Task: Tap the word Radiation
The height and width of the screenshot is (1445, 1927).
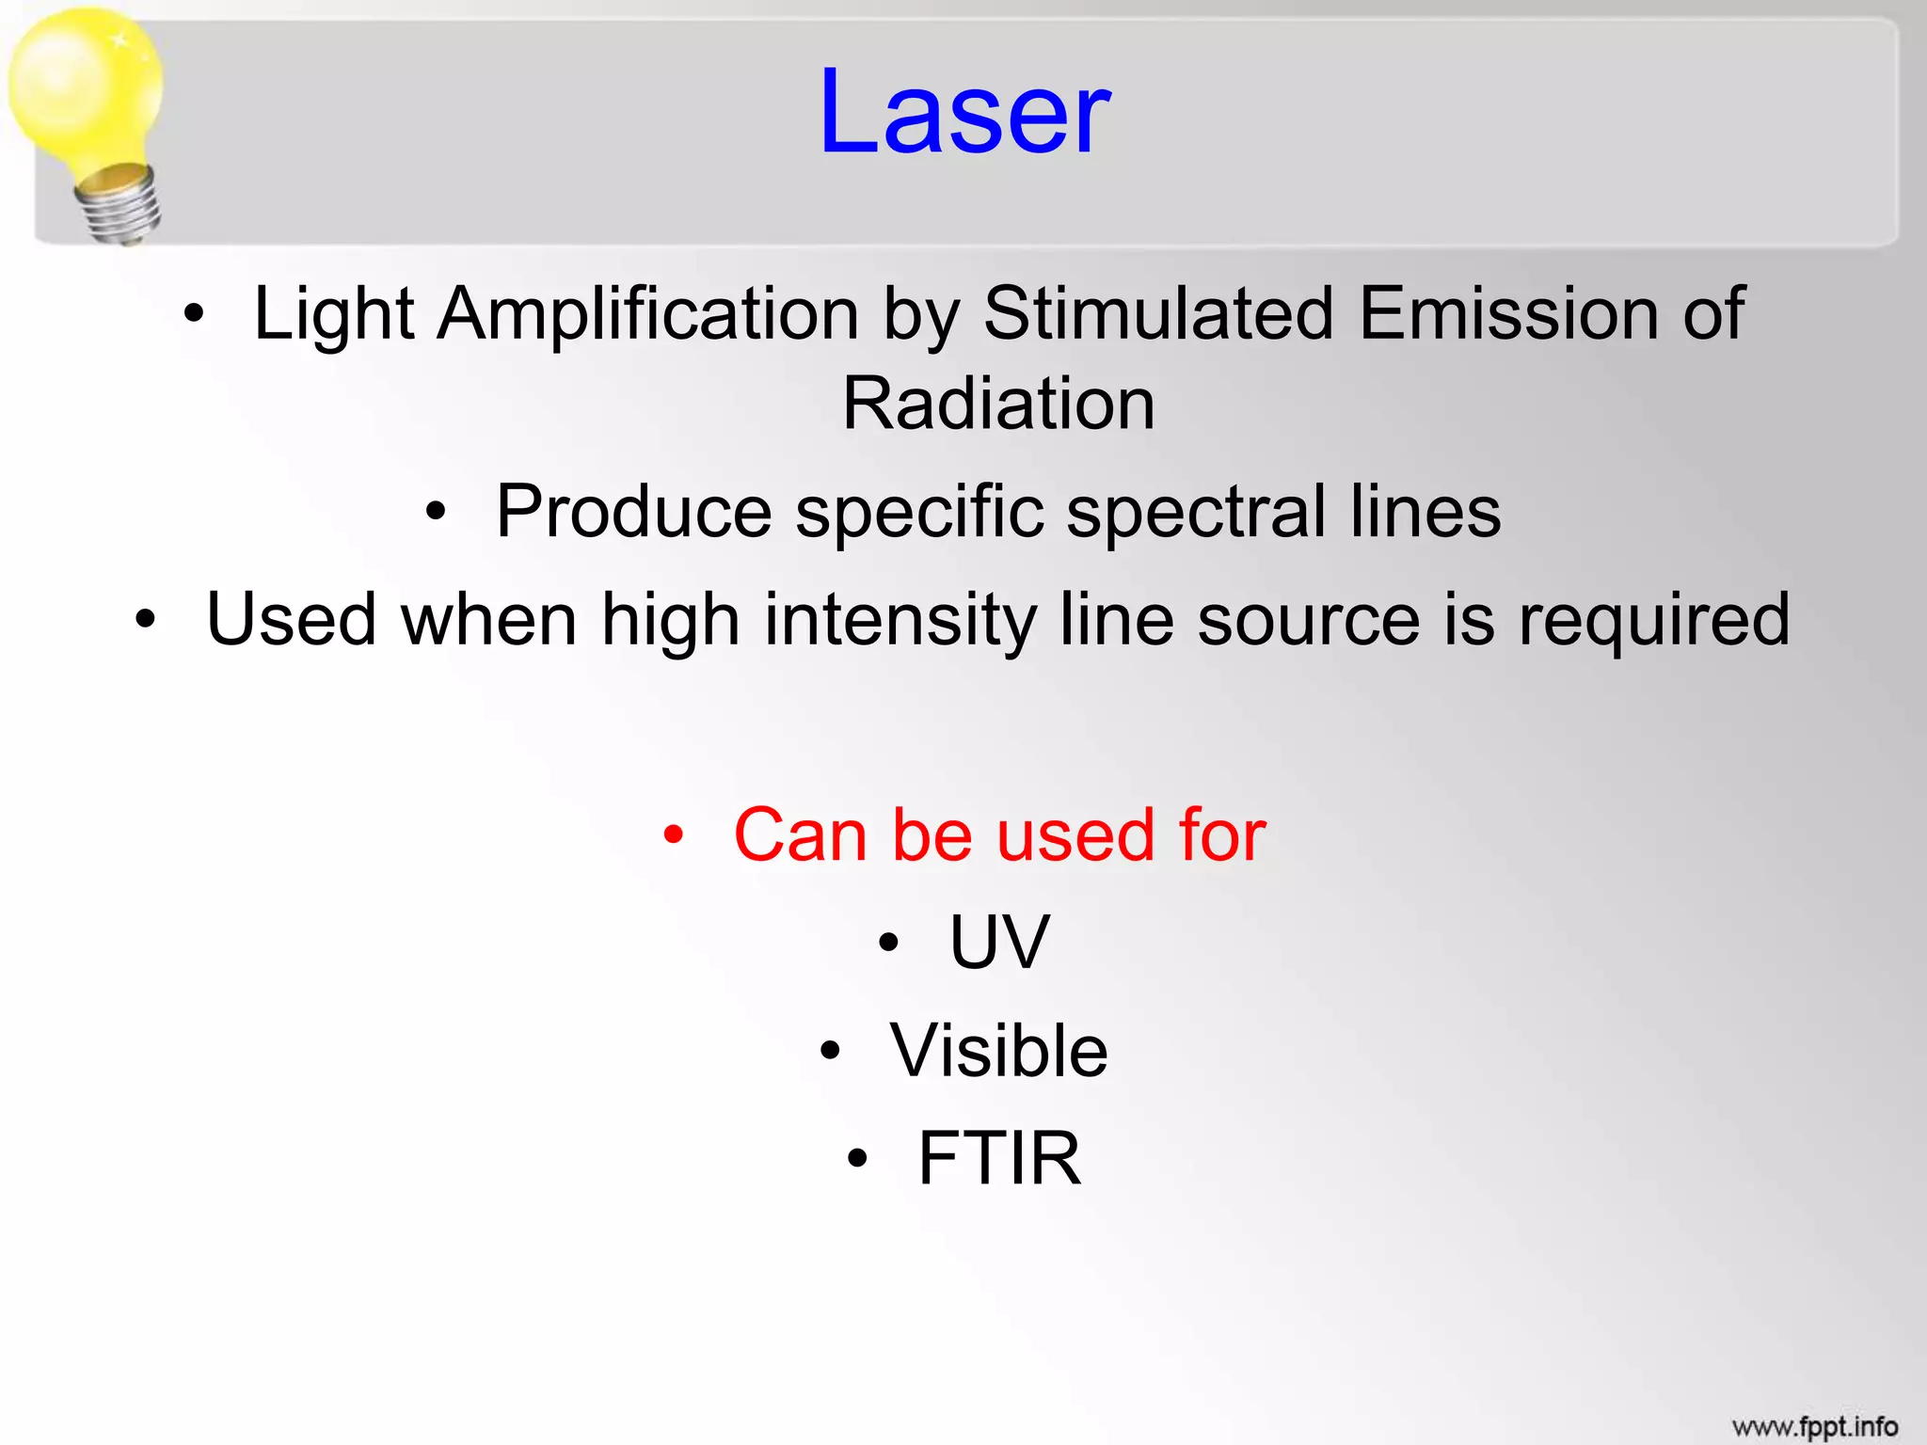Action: tap(998, 405)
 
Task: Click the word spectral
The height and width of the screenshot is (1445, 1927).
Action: tap(1196, 513)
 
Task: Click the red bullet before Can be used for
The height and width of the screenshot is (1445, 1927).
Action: tap(672, 834)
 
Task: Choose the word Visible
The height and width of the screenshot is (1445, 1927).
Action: tap(999, 1051)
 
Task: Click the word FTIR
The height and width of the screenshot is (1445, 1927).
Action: tap(999, 1158)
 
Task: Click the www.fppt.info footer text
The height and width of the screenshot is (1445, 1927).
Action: tap(1814, 1427)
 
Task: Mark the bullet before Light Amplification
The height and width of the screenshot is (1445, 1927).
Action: tap(193, 314)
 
